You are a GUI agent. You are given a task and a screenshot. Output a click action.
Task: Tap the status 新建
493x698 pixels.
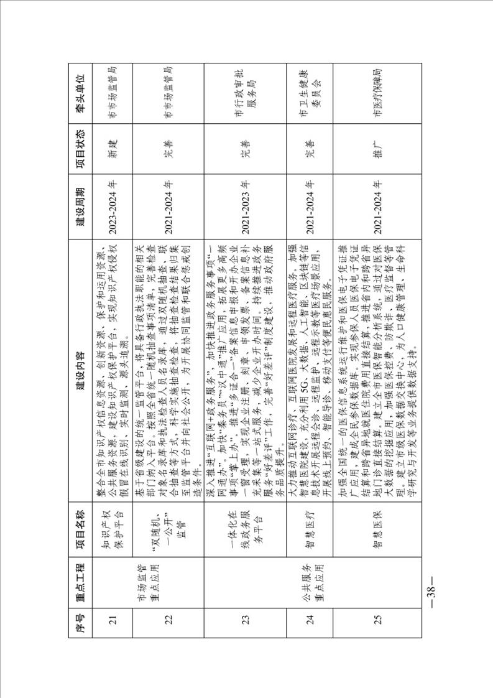point(114,143)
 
